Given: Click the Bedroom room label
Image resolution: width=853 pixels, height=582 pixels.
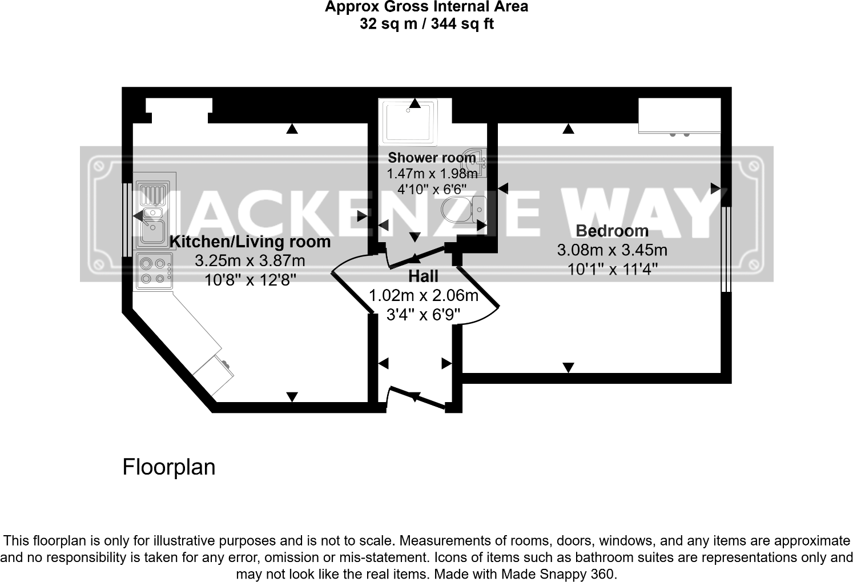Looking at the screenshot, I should click(612, 231).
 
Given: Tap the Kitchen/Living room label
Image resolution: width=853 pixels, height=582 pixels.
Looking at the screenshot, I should click(250, 242).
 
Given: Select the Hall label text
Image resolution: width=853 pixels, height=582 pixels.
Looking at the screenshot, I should click(423, 276).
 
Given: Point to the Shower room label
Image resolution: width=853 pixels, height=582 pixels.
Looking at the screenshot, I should click(432, 158).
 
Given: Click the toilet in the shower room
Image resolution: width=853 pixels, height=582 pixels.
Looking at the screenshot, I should click(464, 209).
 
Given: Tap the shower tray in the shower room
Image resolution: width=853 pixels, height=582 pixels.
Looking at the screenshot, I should click(409, 121).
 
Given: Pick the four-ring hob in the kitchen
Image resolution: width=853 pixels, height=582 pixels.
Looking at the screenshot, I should click(155, 271).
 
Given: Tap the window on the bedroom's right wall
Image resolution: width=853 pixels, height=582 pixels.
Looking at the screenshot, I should click(726, 249).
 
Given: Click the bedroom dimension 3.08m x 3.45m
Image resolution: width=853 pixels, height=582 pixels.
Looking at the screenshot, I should click(612, 250).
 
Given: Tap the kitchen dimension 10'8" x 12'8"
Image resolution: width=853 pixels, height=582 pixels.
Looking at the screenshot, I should click(250, 280).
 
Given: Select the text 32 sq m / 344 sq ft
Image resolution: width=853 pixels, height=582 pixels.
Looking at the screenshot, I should click(426, 24).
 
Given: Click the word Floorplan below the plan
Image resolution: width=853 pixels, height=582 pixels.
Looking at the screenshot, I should click(169, 467).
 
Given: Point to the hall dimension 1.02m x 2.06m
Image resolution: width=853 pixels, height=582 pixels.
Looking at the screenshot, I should click(423, 296).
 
